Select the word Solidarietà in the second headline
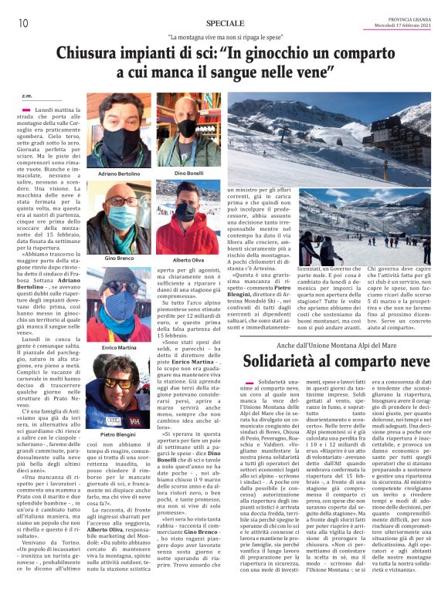click(x=282, y=362)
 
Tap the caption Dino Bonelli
click(x=189, y=174)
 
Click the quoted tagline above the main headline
click(x=224, y=38)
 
